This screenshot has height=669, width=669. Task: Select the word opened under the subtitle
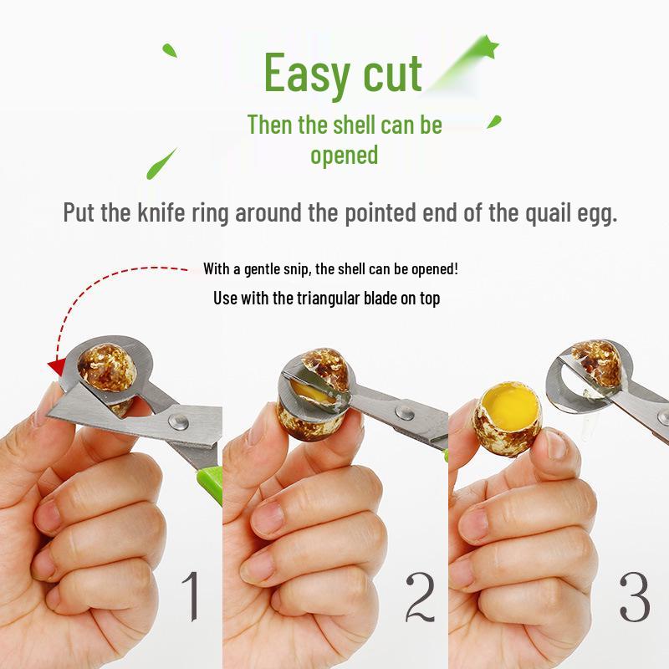(345, 156)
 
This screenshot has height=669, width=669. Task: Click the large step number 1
(192, 595)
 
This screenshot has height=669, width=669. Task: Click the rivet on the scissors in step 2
(404, 412)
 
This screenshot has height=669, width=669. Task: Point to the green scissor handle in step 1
(209, 479)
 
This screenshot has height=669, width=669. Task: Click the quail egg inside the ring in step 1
(108, 368)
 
